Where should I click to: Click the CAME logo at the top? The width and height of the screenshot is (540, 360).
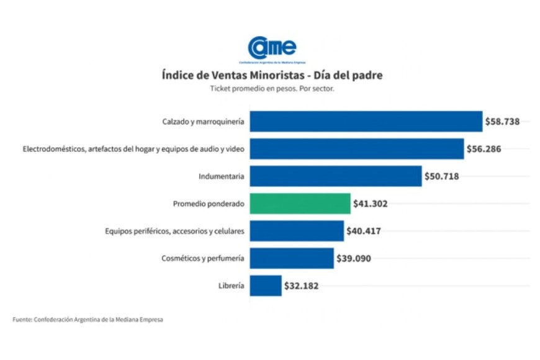[x=272, y=48]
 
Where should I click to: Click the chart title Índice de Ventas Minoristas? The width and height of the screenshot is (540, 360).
[x=272, y=75]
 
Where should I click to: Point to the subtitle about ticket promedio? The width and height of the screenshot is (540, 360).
[x=272, y=89]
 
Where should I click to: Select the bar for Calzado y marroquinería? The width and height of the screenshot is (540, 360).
[x=366, y=122]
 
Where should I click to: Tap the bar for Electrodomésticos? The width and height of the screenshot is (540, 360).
[x=356, y=149]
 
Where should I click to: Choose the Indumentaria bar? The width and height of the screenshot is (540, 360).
[x=335, y=176]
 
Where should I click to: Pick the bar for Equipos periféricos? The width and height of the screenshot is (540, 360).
[x=296, y=231]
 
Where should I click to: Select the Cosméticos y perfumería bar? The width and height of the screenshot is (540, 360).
[x=291, y=258]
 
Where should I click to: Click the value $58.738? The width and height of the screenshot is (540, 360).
[x=503, y=122]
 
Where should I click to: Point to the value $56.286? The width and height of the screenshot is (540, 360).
[x=484, y=149]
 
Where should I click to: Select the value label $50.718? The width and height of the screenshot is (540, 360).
[x=442, y=176]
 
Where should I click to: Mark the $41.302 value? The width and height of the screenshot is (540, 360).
[x=371, y=204]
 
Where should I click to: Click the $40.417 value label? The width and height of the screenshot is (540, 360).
[x=364, y=231]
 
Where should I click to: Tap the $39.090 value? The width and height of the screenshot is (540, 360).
[x=354, y=258]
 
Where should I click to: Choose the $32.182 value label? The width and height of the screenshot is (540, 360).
[x=302, y=286]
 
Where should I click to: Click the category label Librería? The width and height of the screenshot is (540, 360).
[x=231, y=286]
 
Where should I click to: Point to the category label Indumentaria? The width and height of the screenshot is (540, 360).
[x=221, y=176]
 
